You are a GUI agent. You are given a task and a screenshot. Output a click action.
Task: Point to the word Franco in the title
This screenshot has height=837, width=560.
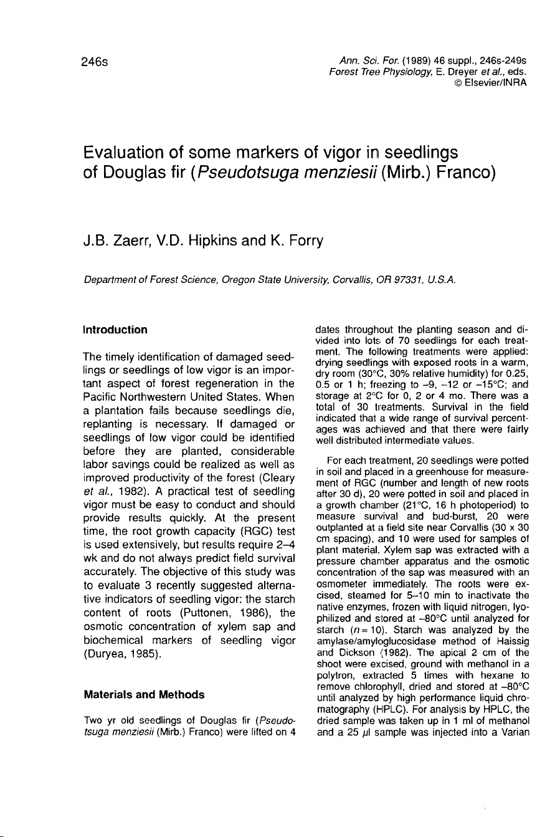click(465, 176)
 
